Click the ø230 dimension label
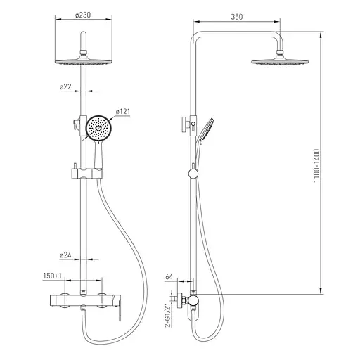(83, 15)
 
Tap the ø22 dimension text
(65, 86)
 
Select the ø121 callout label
(123, 112)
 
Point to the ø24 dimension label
(65, 255)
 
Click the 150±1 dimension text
(52, 276)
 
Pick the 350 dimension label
(237, 17)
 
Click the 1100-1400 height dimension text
(316, 166)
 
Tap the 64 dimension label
(169, 277)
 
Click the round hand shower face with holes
(98, 128)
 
